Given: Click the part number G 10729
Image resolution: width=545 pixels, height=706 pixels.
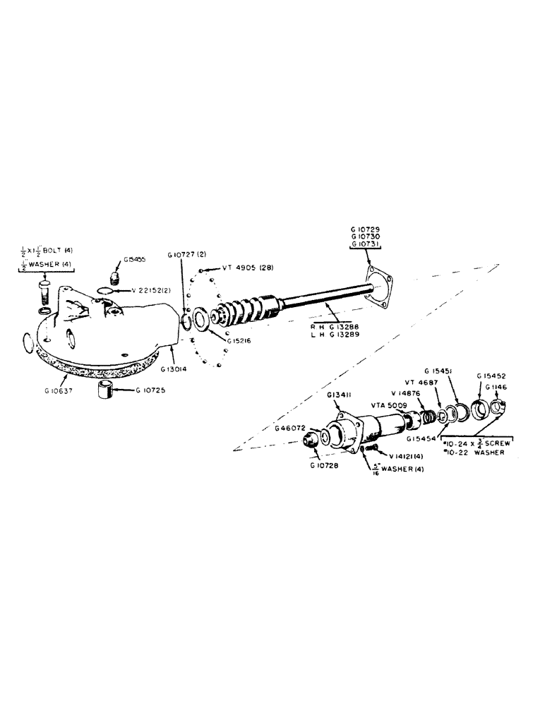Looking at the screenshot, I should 365,231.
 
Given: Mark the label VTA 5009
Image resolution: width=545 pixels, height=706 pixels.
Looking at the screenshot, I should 386,406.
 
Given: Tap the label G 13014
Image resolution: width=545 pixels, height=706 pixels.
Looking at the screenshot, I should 174,368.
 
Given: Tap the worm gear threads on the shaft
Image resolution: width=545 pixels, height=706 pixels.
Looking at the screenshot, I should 244,310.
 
